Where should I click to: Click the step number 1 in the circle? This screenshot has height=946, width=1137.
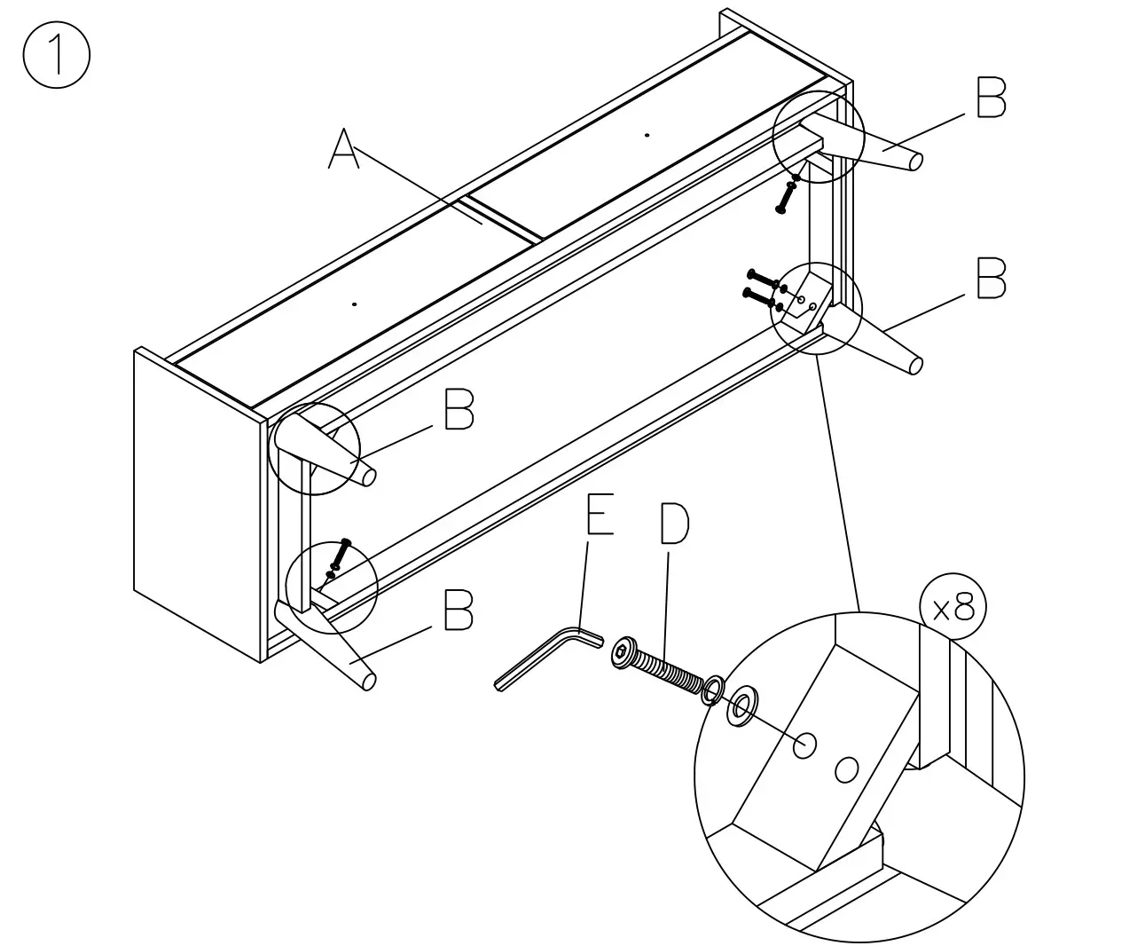pos(56,55)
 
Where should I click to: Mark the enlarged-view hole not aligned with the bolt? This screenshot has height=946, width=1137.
pos(847,769)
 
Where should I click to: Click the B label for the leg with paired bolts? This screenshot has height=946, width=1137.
pos(991,279)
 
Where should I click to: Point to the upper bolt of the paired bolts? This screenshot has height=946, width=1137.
pos(763,278)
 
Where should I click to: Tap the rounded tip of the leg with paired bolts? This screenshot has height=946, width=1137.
pos(914,365)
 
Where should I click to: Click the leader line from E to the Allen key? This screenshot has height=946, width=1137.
pos(583,586)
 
